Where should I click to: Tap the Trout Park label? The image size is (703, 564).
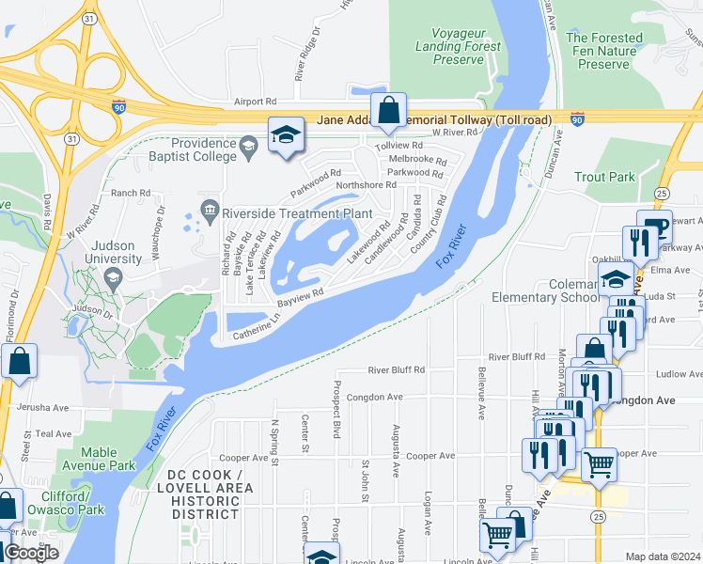tap(604, 177)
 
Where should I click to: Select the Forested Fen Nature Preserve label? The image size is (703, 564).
tap(603, 51)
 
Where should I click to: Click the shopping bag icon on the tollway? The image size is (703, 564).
tap(388, 111)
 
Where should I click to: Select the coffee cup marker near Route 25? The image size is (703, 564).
tap(654, 227)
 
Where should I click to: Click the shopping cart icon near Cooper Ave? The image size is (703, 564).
tap(599, 463)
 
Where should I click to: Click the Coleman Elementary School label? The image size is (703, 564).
tap(544, 290)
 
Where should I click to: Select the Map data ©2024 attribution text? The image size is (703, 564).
tap(663, 556)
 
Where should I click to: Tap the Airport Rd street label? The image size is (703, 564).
tap(256, 102)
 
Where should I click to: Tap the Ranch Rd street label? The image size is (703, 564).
tap(131, 193)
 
